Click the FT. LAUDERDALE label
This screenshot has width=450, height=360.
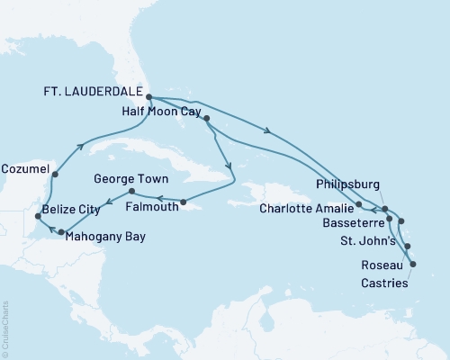coord(94,91)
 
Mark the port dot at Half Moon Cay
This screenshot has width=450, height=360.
coord(208,119)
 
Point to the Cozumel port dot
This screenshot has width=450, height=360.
coord(56,175)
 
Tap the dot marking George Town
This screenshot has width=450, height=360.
coord(132,191)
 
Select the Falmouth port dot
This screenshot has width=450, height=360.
coord(183,202)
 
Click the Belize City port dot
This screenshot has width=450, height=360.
coord(37,217)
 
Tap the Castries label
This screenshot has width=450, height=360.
coord(377,283)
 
